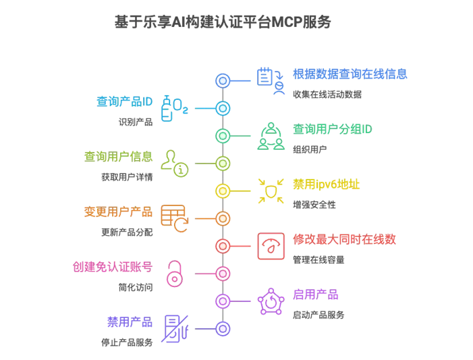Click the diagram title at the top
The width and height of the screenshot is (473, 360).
(223, 22)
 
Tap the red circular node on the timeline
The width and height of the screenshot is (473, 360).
(223, 247)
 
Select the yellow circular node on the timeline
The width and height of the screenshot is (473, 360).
(223, 191)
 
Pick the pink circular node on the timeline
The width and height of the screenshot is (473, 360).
(223, 274)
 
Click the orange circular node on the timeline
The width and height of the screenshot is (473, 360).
(223, 219)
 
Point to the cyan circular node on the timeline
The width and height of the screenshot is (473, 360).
(223, 108)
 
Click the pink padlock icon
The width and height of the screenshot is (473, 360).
(175, 274)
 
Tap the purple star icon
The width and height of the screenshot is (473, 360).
(271, 302)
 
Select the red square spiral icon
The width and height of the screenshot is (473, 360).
(271, 247)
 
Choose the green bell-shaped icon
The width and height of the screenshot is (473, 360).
(271, 136)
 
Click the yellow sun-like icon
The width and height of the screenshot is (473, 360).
(271, 191)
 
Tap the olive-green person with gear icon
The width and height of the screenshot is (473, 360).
(174, 163)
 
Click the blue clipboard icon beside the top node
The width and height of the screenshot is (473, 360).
(269, 80)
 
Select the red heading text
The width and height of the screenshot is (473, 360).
(345, 240)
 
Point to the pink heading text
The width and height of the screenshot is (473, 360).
(113, 267)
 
